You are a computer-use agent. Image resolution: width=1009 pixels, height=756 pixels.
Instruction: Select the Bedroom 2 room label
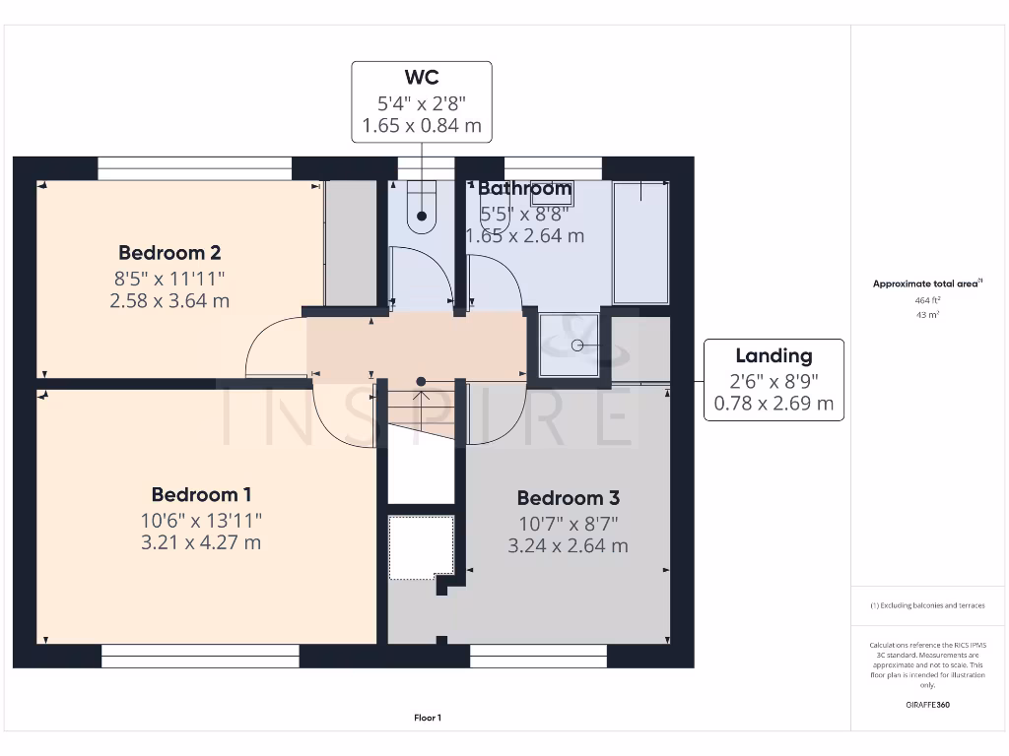point(169,252)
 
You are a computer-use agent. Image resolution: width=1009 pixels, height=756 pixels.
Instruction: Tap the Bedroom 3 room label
point(568,498)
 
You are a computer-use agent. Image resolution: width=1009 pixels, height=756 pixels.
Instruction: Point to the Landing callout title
point(774,356)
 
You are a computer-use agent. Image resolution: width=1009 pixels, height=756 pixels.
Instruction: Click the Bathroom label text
point(524,188)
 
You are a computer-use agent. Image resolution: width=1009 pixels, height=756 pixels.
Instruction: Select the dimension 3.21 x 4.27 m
point(201,542)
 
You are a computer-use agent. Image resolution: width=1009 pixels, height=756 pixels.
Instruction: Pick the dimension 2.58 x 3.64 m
point(169,300)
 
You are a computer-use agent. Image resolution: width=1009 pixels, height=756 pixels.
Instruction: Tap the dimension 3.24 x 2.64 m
point(568,545)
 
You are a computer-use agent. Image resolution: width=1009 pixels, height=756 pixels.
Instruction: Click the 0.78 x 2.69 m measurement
point(774,404)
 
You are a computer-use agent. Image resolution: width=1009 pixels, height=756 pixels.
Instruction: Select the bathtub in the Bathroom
point(640,242)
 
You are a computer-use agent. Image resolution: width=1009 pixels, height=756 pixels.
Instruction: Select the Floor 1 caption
point(428,718)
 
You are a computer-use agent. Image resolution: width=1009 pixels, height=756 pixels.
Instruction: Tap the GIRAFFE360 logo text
point(927,705)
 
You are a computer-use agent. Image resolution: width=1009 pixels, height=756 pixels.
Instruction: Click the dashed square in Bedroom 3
point(421,545)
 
